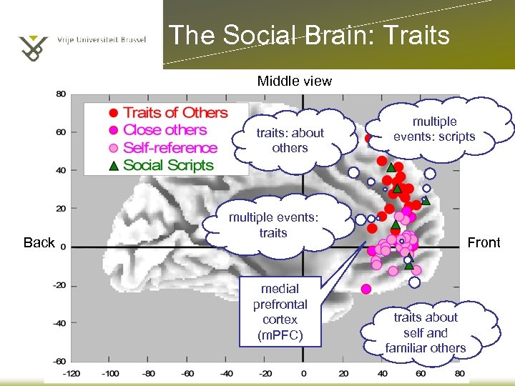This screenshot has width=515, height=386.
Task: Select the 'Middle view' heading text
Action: (294, 81)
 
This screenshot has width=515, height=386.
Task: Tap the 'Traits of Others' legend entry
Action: (175, 112)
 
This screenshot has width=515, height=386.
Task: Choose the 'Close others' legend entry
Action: (165, 130)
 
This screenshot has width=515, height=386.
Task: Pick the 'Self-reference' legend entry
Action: (170, 148)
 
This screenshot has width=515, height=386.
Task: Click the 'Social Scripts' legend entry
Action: (168, 165)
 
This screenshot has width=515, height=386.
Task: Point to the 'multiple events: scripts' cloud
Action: (434, 129)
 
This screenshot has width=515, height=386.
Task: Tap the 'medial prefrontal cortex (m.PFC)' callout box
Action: (280, 312)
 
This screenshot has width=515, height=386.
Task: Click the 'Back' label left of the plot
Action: (39, 243)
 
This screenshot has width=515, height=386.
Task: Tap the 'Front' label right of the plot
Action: (484, 243)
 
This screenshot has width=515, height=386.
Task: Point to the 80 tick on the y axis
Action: (61, 94)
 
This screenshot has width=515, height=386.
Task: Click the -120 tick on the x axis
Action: (72, 373)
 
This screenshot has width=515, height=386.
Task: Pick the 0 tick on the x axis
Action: (303, 373)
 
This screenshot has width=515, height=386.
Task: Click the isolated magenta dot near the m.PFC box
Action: (366, 289)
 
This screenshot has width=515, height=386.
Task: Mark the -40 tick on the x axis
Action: (226, 373)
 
